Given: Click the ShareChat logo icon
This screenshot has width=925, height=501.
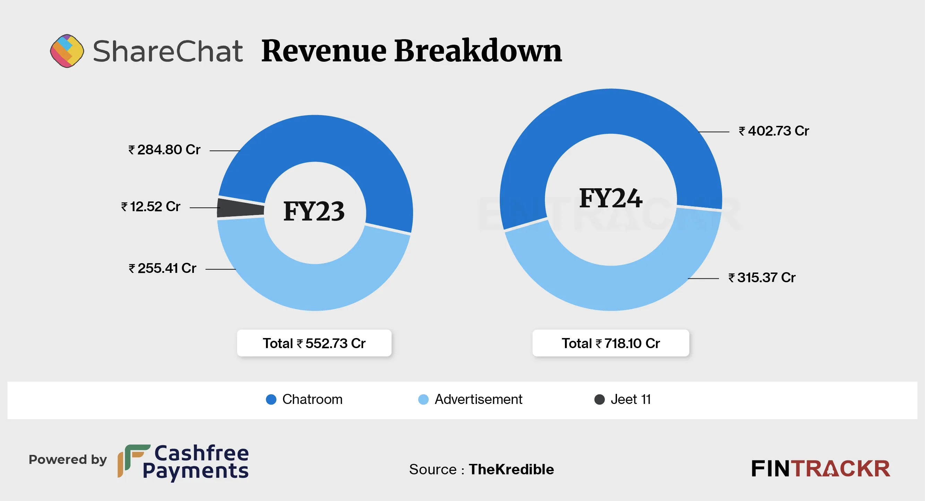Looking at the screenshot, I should coord(67,51).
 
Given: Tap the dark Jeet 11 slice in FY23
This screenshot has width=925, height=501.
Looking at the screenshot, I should coord(240,208).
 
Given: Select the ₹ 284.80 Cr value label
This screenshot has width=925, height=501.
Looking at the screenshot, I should coord(164,150).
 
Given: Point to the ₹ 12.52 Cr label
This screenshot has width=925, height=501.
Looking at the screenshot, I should coord(151,207).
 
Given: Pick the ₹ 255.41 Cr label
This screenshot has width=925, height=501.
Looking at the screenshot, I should coord(163,268).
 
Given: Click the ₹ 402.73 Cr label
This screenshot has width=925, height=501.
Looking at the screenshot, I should coord(774,131).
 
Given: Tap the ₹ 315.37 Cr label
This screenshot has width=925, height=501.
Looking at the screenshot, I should coord(762,278).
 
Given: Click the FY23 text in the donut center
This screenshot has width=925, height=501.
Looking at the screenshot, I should coord(314,211).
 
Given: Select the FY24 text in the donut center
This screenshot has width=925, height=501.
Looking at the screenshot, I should coord(610,198).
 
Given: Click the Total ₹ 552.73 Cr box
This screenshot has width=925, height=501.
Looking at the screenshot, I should coord(314,343).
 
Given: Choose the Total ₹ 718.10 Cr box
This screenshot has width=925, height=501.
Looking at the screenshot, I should coord(610,343).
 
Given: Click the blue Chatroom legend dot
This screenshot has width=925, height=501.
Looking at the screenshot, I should coord(271,399).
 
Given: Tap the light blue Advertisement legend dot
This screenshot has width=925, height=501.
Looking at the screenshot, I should coord(423,399).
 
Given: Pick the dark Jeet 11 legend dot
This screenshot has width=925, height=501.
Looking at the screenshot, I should coord(599,399).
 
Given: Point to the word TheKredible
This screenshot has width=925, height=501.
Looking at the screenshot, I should coord(511,469).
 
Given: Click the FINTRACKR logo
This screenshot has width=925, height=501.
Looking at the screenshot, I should coord(821,469).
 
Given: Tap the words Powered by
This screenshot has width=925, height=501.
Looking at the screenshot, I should coord(68,460).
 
